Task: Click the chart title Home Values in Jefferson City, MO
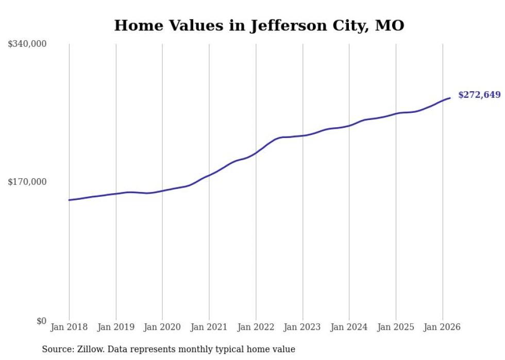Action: coord(259,25)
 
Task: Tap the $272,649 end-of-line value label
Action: coord(479,95)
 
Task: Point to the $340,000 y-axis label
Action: coord(27,44)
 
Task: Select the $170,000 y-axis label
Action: coord(27,182)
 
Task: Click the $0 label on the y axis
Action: coord(41,321)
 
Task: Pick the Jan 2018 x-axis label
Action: coord(69,327)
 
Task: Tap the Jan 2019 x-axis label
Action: coord(116,327)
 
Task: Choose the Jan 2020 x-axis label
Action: coord(162,327)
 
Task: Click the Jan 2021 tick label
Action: coord(209,327)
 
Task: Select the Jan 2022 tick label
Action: coord(256,327)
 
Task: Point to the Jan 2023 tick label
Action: coord(302,327)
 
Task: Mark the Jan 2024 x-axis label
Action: coord(349,327)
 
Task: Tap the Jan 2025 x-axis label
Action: coord(396,327)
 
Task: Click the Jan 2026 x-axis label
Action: coord(442,327)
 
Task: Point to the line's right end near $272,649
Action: coord(450,98)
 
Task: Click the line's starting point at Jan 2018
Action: coord(69,200)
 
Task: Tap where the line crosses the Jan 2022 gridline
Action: coord(256,153)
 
